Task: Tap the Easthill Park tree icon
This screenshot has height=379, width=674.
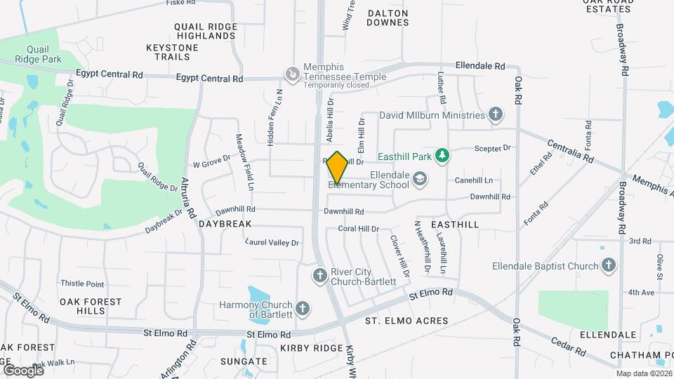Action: (x=442, y=154)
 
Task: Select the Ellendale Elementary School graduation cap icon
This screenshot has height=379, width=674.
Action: (x=420, y=178)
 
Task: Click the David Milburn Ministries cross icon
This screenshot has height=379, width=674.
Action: (x=496, y=114)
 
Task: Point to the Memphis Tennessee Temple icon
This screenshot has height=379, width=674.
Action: (x=291, y=73)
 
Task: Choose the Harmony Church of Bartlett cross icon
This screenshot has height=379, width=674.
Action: (x=303, y=308)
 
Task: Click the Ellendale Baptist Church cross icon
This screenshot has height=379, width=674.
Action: (x=609, y=265)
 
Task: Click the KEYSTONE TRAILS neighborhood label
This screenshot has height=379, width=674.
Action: (x=172, y=52)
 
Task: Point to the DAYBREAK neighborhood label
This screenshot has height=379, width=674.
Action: (x=225, y=224)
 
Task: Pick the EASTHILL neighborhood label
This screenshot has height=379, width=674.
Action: (x=455, y=225)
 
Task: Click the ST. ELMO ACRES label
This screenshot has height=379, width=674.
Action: (x=406, y=321)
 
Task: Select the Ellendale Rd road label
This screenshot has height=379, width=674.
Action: (x=480, y=65)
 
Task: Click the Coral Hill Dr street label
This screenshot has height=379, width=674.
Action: (x=358, y=229)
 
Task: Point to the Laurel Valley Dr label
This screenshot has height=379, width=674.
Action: (x=272, y=243)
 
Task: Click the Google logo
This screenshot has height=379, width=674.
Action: (x=22, y=369)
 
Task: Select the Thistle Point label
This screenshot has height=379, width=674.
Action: (x=82, y=284)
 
